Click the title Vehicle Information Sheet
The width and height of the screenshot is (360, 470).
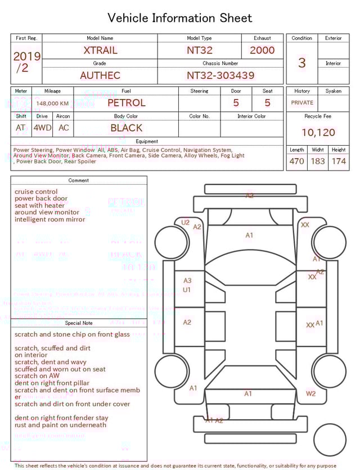click(180, 18)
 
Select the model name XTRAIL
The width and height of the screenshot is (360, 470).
click(100, 50)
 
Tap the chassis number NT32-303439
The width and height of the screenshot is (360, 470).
click(220, 75)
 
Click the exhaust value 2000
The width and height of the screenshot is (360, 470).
click(262, 50)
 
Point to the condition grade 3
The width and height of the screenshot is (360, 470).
click(302, 62)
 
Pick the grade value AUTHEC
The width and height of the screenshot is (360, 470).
click(100, 75)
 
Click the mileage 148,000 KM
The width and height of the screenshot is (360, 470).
click(52, 104)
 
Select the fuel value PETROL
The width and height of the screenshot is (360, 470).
click(126, 103)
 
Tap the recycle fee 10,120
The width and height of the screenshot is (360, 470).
click(318, 133)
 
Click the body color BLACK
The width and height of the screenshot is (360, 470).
click(126, 128)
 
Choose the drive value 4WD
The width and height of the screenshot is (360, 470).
click(42, 128)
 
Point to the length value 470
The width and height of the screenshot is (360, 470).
click(296, 162)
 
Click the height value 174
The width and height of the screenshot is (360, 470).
click(339, 162)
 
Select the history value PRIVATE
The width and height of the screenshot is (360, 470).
click(302, 103)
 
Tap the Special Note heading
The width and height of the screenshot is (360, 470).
click(79, 323)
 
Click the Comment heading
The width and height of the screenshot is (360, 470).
click(79, 181)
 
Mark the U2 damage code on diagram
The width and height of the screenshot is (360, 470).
click(185, 222)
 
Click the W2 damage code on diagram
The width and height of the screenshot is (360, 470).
click(310, 393)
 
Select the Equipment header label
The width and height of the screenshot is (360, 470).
click(147, 141)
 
